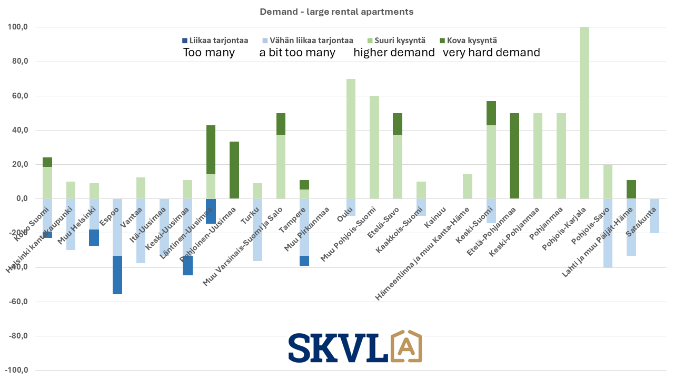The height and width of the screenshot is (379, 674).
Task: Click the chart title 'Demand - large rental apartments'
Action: pos(336,12)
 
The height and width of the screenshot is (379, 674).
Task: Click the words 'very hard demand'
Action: pos(491,53)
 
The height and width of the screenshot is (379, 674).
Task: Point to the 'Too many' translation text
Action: pos(209,53)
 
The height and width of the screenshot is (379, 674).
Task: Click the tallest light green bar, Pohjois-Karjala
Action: pos(584,113)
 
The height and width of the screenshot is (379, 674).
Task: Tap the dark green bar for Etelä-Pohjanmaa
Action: pos(514,156)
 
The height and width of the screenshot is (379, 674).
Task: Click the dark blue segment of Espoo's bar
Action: pos(117,275)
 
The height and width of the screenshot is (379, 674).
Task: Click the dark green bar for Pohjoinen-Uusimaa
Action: pos(234,170)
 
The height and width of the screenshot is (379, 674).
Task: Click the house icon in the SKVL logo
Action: pos(405,346)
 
